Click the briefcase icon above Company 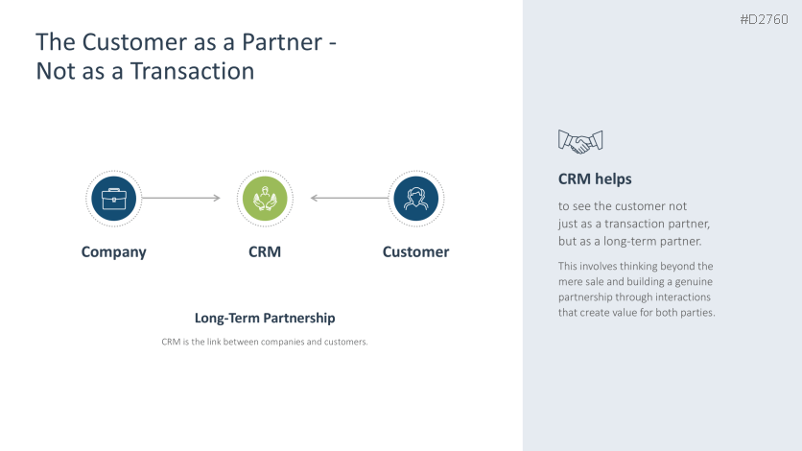(x=114, y=199)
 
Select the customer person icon (x=415, y=199)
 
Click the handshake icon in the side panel (x=579, y=142)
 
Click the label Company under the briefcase (x=114, y=252)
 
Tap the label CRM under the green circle (x=265, y=252)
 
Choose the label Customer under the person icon (x=415, y=252)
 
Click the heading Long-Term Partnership (x=265, y=318)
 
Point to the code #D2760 (x=764, y=19)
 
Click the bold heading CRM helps (x=595, y=179)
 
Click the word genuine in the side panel (x=693, y=281)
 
